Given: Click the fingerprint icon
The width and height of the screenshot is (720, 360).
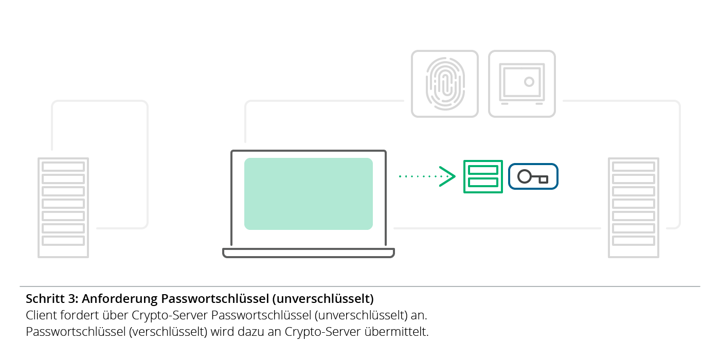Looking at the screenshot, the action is (445, 83).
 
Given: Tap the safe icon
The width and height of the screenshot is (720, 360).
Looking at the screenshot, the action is (522, 83).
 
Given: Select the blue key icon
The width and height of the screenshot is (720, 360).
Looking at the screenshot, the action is (533, 176).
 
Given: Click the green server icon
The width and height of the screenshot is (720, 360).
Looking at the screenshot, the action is (483, 176).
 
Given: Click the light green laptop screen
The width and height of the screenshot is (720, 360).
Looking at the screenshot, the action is (309, 193).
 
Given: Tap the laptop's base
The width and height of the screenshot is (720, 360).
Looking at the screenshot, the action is (309, 253).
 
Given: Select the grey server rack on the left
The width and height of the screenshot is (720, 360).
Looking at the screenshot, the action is (63, 207).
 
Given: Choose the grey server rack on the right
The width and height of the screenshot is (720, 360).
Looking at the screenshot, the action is (634, 207).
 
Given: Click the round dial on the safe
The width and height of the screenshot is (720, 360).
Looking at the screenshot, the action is (529, 81).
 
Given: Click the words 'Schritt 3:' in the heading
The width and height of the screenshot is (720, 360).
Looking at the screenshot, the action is (51, 299).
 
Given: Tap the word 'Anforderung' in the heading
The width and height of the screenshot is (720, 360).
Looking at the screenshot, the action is (120, 299).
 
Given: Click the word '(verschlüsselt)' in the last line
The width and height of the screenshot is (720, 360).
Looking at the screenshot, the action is (168, 332).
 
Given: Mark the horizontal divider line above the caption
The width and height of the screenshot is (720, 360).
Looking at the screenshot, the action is (360, 286).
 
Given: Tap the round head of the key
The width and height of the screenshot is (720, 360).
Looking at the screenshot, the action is (525, 176).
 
